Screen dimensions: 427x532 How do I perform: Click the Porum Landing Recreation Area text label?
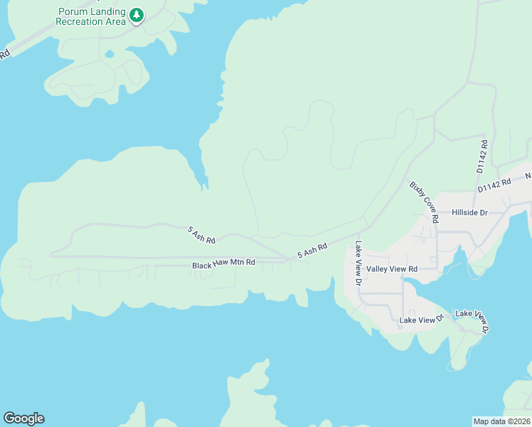point(92,17)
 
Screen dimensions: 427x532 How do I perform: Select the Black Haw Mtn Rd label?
point(223,265)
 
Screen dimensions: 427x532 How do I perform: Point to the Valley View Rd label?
point(391,269)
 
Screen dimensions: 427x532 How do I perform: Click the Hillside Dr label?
point(469,213)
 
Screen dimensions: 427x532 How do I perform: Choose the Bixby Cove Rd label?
point(425,202)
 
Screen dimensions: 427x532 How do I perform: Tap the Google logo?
point(23,418)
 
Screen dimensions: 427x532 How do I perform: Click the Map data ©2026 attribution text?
point(501,421)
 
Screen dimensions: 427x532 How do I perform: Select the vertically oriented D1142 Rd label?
point(482,157)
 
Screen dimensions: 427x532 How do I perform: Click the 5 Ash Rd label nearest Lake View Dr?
point(312,251)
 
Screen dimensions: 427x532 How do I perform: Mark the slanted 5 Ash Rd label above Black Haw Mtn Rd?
point(201,235)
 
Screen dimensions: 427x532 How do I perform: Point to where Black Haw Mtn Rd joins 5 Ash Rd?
point(288,260)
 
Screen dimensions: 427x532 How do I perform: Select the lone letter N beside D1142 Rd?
point(528,175)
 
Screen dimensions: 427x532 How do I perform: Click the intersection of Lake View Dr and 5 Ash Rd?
point(359,233)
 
